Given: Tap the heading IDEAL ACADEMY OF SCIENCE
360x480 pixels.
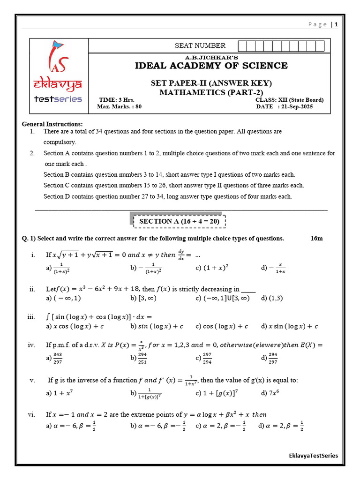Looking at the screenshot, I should coord(211,66).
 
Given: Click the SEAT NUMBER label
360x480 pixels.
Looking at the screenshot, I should coord(200,45).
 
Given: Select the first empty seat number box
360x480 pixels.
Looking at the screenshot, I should coord(242,45).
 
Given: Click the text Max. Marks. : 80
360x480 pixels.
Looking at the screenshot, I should coord(119,107).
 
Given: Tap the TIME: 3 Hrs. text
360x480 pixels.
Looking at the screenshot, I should coord(117,100).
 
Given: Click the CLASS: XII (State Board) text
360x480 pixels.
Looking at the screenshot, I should coord(289,100).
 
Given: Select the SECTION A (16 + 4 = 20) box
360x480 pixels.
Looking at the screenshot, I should coord(180,221).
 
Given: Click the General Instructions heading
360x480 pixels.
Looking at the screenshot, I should coord(52,124).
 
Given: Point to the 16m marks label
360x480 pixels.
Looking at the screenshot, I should coord(317,238).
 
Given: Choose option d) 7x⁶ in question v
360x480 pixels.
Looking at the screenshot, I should coord(270,393).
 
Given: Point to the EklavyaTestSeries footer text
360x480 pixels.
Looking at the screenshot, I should coord(313,456).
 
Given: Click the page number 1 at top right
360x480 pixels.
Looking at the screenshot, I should coord(336,25).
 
